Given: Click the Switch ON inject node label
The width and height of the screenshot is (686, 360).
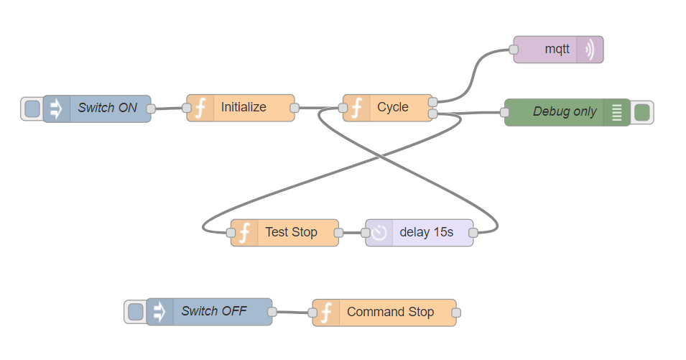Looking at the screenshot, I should tap(108, 109).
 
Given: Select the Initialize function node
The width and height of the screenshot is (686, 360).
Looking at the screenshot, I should tap(244, 108).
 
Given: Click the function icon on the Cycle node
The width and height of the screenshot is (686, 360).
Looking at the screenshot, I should tap(357, 108).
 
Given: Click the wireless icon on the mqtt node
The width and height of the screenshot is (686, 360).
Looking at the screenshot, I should tap(590, 50).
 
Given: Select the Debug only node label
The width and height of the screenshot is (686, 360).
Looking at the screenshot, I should tap(565, 112).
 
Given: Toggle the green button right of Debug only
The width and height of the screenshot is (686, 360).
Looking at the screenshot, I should tap(642, 112).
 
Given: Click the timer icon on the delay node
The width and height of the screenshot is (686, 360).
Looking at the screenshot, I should tap(379, 233).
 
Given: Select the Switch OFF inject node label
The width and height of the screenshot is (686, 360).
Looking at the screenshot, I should tap(214, 312).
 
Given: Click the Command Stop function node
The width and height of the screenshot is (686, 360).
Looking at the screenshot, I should tap(390, 313).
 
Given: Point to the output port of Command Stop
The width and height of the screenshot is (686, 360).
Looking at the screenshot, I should tap(455, 313).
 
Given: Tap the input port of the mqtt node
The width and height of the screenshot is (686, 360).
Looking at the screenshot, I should tap(514, 50).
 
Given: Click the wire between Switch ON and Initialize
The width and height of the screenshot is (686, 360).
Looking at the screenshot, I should tap(169, 109).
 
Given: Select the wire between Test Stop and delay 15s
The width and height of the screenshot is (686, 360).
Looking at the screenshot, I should tap(352, 233).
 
